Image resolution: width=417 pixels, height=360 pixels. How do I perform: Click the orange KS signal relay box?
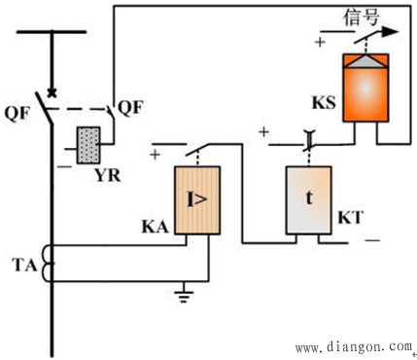365,88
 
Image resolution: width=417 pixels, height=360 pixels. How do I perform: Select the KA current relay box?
197,200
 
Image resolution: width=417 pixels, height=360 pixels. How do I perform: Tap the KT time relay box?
309,200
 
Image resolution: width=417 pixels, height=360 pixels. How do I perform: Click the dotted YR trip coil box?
88,145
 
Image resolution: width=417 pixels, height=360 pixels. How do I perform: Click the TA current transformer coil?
48,264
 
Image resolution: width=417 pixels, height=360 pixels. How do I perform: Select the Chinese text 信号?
362,17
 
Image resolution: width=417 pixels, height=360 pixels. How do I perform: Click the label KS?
324,103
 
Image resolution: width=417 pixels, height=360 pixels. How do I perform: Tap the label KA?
156,227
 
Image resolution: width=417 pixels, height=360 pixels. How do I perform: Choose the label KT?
350,218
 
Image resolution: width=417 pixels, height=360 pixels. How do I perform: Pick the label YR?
108,176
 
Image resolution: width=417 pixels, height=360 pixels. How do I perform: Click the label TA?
25,266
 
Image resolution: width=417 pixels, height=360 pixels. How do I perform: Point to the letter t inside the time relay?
309,198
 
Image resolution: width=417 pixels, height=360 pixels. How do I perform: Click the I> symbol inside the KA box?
197,199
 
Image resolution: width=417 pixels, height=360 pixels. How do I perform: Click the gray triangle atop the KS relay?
365,61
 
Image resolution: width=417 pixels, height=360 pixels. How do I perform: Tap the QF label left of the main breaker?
17,114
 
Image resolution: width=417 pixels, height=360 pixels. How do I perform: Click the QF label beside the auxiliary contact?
130,107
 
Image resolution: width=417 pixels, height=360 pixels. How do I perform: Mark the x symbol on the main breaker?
52,93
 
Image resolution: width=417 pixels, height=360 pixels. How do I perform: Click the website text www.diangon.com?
354,347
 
